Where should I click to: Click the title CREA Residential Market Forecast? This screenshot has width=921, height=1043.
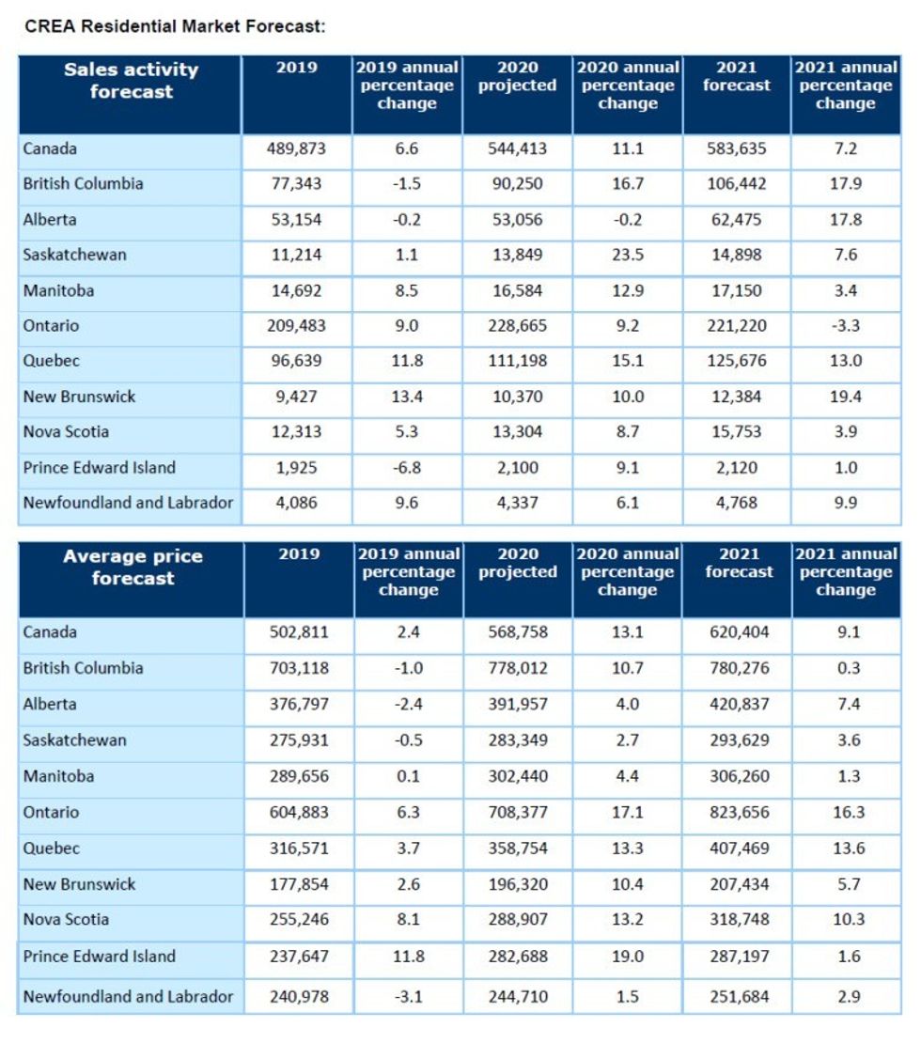(x=175, y=26)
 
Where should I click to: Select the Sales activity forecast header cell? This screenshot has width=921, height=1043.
(x=131, y=81)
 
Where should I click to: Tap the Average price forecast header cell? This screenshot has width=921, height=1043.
(x=133, y=568)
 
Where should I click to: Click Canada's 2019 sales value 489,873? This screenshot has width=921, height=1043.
(x=297, y=148)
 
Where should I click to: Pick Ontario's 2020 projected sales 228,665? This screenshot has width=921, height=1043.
(x=517, y=326)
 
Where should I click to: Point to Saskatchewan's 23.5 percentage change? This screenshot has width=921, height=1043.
(x=627, y=255)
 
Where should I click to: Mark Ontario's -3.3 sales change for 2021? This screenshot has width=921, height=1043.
(x=845, y=326)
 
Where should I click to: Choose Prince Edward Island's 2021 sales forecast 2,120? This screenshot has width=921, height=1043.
(x=737, y=468)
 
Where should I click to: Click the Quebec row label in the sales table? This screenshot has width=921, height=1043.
(x=52, y=362)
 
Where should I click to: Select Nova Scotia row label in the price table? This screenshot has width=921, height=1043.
(x=66, y=920)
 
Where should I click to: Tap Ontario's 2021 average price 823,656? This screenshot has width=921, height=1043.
(x=739, y=813)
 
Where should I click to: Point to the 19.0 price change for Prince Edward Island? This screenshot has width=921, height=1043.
(x=627, y=957)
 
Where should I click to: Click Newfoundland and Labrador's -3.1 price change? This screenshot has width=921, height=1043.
(x=408, y=997)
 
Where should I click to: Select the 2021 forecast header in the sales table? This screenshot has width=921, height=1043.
(x=737, y=76)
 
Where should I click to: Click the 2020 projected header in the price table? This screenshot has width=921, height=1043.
(x=518, y=563)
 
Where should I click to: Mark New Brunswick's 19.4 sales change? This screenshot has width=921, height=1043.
(x=845, y=397)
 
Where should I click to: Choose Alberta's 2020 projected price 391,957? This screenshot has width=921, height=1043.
(x=517, y=704)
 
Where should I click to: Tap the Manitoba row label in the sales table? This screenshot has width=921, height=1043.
(x=58, y=290)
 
